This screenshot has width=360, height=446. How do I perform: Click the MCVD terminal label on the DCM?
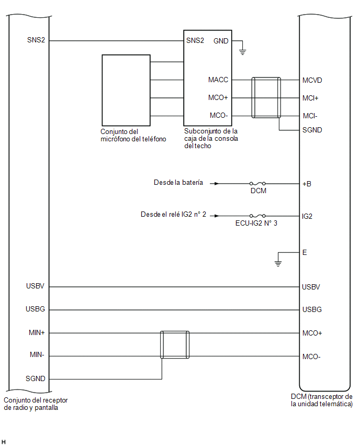point(312,80)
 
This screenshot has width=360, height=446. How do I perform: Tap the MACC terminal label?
point(218,80)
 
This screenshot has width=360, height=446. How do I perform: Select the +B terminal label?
point(307,184)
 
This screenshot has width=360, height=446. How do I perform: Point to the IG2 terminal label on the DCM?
point(307,216)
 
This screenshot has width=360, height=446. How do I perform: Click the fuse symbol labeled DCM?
point(257,183)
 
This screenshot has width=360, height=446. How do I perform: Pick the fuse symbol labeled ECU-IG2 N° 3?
point(257,216)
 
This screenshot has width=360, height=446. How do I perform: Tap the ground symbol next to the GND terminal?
point(242,52)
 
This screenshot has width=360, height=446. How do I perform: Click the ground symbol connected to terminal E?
point(278,263)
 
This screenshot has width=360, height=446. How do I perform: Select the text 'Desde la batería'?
point(178,182)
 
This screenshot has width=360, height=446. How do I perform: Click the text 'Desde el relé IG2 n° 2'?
point(173,214)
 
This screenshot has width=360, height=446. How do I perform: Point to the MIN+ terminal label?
point(37,332)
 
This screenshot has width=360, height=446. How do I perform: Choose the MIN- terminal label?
point(37,355)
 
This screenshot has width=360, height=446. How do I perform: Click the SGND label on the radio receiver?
point(35,378)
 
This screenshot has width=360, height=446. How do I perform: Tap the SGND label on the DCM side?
point(312,130)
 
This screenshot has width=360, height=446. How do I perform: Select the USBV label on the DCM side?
point(311,287)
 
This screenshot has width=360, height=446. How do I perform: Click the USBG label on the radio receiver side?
point(35,309)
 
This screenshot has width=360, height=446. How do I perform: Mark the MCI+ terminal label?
point(310,98)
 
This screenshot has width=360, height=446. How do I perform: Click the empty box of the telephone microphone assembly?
point(126,90)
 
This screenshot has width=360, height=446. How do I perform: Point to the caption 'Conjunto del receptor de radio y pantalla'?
point(36,404)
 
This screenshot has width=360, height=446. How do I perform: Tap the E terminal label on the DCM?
point(305,253)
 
